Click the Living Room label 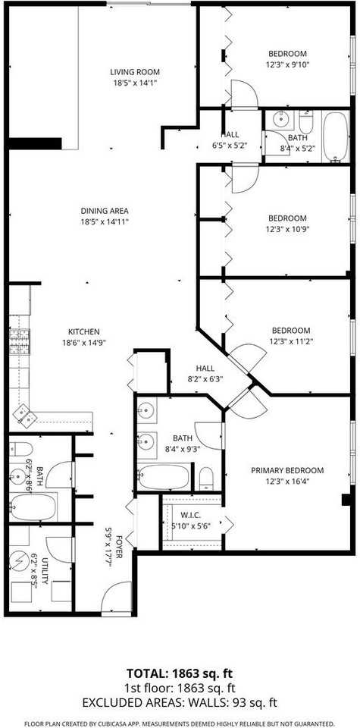pyautogui.click(x=134, y=72)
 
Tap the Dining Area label pyautogui.click(x=104, y=211)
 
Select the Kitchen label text pyautogui.click(x=84, y=331)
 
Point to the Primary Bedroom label pyautogui.click(x=287, y=470)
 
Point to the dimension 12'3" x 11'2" pyautogui.click(x=291, y=342)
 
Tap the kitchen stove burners pyautogui.click(x=17, y=343)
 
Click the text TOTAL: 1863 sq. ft pyautogui.click(x=180, y=674)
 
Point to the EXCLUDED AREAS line pyautogui.click(x=180, y=701)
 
